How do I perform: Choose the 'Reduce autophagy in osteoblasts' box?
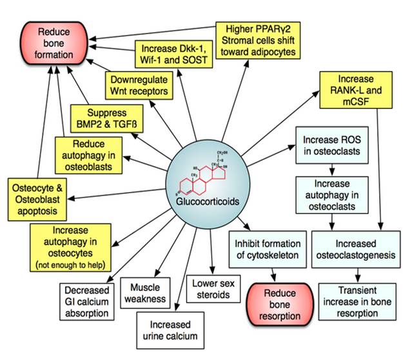(x=89, y=155)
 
